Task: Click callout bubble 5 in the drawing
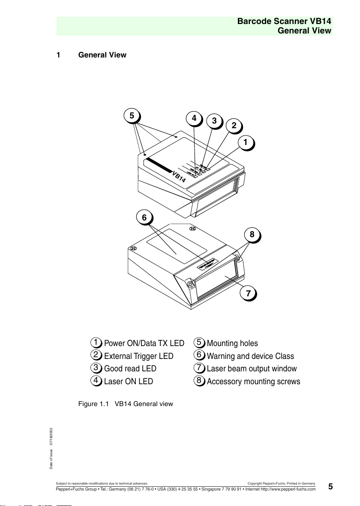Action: pos(132,115)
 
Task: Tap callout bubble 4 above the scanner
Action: pos(194,118)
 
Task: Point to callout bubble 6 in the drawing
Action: pos(144,218)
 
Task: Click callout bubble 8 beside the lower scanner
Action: pos(252,235)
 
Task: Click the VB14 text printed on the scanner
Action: pos(179,177)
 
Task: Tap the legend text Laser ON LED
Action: pos(128,381)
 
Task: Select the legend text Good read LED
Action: pos(130,369)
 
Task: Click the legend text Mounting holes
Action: pos(232,343)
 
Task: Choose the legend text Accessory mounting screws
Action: pos(253,381)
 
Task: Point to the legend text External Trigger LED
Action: pos(138,356)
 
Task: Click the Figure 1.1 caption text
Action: pos(126,404)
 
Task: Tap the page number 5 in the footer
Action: pos(330,486)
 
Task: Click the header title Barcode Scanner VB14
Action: pos(285,21)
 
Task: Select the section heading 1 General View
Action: pos(91,55)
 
